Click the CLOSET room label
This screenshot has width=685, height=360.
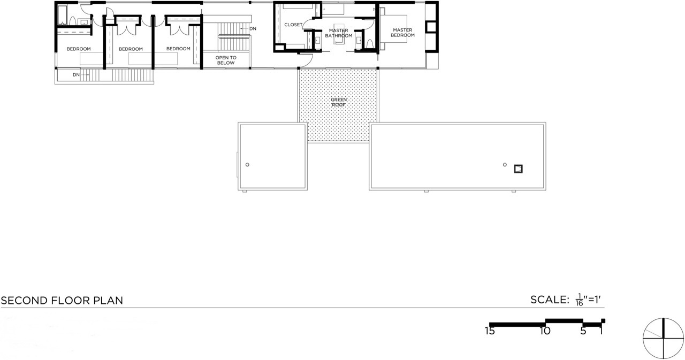293,25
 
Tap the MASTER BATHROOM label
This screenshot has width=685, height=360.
339,33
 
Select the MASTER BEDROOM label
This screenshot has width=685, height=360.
402,33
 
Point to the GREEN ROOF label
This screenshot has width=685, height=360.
339,102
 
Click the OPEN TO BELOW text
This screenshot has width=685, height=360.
226,60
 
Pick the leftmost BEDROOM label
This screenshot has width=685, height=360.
79,49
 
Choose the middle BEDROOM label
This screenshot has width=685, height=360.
131,49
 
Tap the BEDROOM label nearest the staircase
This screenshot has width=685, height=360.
178,49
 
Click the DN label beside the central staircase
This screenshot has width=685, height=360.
253,29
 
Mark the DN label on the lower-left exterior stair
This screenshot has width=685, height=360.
76,75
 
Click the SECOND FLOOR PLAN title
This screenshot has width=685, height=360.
62,301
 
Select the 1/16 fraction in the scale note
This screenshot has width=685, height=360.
579,300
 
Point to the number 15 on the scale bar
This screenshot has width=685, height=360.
490,331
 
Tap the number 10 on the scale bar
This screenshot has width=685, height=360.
545,331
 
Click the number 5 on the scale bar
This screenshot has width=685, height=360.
583,331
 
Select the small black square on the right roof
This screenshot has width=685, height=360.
519,169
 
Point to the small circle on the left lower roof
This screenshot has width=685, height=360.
247,165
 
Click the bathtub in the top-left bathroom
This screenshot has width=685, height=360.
63,14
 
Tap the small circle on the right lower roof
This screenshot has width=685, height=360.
505,165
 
